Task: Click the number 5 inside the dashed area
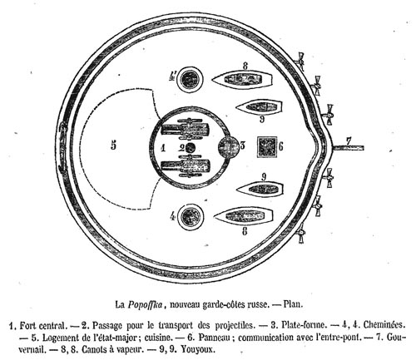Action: pos(113,145)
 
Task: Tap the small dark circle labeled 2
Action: pos(190,148)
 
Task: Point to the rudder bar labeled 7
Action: pos(348,148)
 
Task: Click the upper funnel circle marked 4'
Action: pos(190,80)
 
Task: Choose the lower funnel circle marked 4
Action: pos(190,216)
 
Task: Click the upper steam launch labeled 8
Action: pos(242,80)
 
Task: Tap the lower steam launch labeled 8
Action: pos(244,216)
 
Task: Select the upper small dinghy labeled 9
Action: pos(260,107)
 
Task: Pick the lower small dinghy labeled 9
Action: pos(260,189)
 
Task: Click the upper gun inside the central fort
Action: pos(186,129)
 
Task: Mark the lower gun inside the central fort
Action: pos(186,166)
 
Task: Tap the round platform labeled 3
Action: pos(228,147)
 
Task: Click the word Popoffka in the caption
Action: pos(145,304)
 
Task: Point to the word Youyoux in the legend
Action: pos(198,349)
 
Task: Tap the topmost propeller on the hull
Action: pos(301,61)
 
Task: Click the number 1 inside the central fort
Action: pos(163,148)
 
